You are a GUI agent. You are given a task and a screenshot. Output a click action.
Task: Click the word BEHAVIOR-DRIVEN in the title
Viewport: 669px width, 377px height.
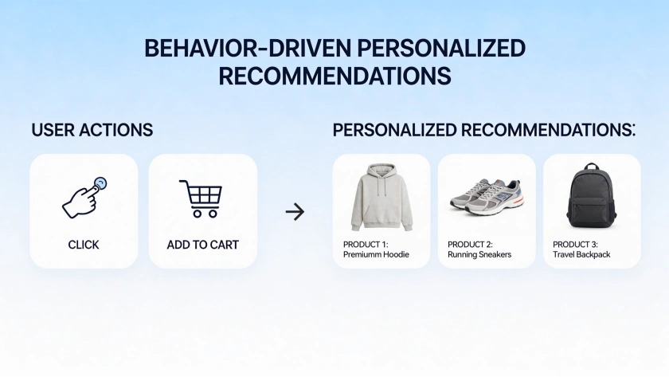(x=247, y=48)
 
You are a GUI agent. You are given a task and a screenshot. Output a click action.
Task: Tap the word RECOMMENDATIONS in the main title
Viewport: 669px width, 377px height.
(x=334, y=76)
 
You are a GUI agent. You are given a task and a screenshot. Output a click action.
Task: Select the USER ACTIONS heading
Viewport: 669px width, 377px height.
(x=92, y=130)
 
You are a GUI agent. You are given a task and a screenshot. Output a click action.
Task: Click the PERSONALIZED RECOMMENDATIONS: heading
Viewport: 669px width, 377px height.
(x=483, y=130)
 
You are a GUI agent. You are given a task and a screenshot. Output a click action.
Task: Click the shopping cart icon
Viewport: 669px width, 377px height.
(x=201, y=198)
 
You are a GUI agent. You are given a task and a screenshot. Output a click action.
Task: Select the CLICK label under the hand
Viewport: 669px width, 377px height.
(x=84, y=245)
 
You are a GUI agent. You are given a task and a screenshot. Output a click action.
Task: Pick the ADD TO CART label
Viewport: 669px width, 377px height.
(x=202, y=245)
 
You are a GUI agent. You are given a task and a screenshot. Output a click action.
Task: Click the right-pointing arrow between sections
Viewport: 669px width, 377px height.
(x=295, y=211)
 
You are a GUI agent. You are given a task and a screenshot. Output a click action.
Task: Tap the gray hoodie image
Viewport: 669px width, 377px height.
(x=381, y=196)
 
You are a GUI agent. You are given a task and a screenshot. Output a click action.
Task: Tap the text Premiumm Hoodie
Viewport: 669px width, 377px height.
(x=376, y=254)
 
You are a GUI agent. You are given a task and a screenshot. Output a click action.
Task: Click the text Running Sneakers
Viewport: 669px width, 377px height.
(x=479, y=254)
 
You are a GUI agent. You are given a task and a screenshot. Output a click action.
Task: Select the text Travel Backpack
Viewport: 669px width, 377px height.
(x=585, y=254)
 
